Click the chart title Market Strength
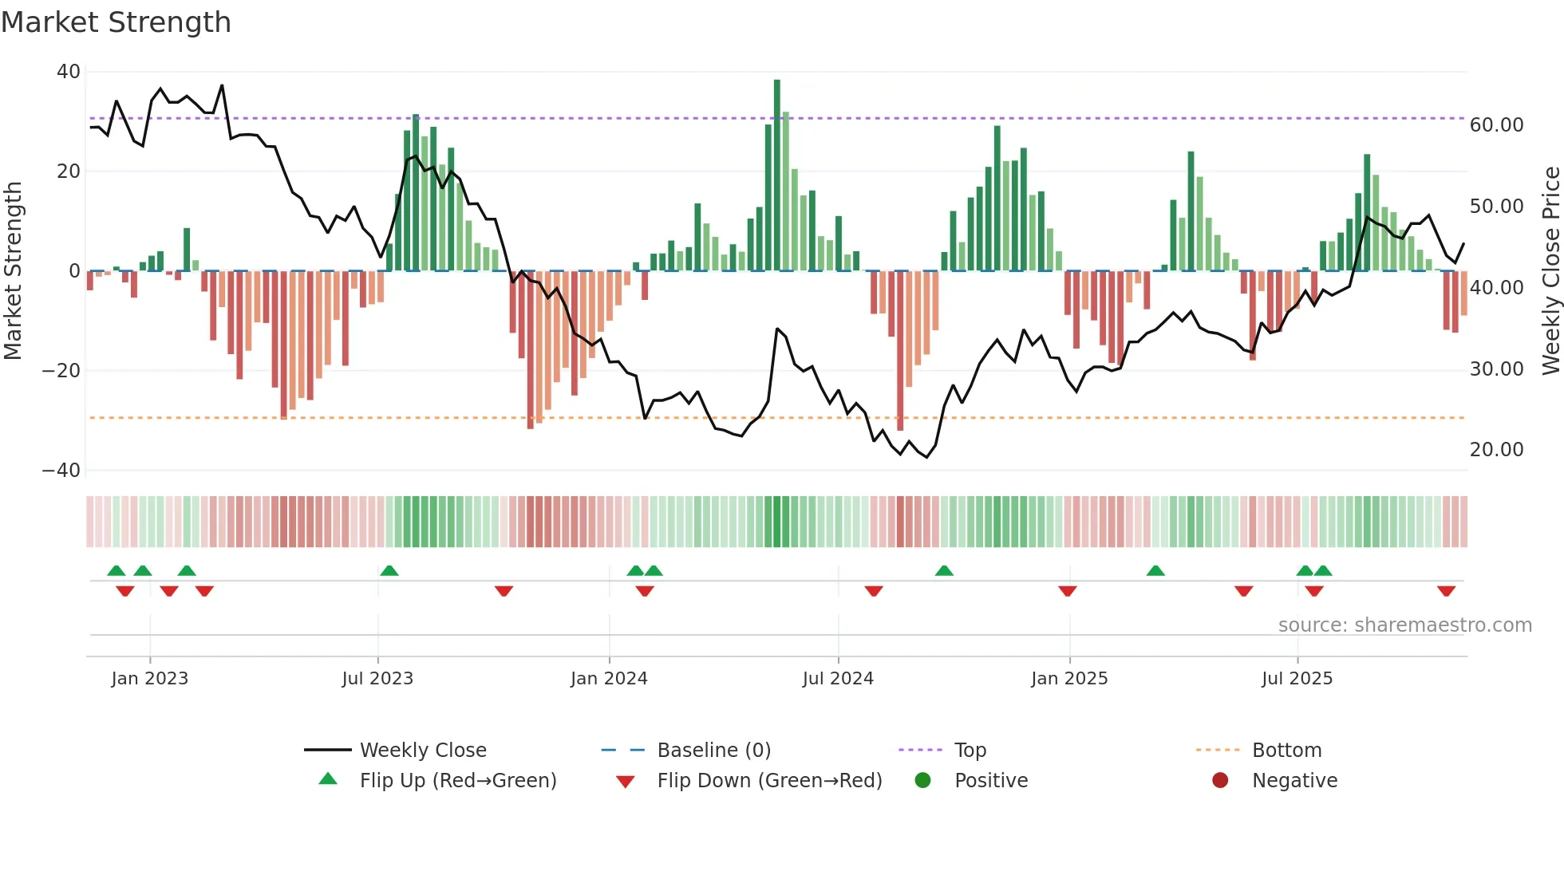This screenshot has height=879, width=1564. point(116,22)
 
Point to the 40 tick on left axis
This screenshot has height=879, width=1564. point(69,72)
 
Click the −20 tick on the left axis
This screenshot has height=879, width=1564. point(61,371)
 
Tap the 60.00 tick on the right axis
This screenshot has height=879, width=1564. point(1496,125)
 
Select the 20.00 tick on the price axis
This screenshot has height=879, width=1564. point(1496,450)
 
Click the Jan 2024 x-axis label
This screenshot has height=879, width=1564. point(609,679)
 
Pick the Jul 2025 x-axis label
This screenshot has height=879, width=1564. point(1297,679)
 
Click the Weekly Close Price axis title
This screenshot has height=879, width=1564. point(1550,271)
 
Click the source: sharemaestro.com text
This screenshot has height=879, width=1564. point(1404,625)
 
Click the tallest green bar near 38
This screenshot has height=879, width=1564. point(777,175)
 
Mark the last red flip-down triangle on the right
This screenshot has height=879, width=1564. point(1446,591)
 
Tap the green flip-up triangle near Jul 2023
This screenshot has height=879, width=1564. point(389,571)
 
